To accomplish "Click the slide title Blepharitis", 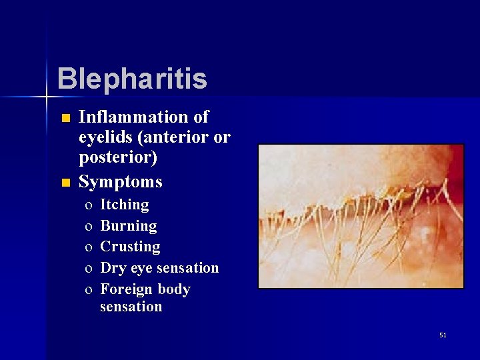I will coord(132,79).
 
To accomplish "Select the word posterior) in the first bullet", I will coord(118,159).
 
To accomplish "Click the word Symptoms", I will coord(120,181).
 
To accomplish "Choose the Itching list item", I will coord(124,205).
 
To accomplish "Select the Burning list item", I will coord(128,226).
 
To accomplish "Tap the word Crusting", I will coord(130,247).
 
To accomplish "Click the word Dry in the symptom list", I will coord(112,268).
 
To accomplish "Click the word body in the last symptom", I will coord(174,289).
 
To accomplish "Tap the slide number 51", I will coord(443,335).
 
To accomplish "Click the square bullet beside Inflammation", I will coord(65,119).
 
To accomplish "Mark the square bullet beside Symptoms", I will coord(65,183).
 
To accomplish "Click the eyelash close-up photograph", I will coord(361,217).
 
